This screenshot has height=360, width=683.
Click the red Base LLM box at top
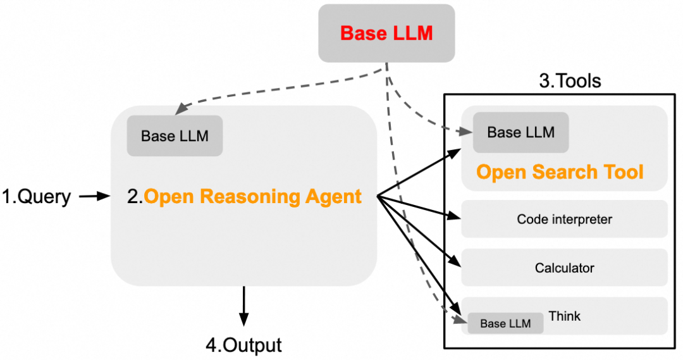[386, 33]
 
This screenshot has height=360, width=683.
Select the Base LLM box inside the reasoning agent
[175, 136]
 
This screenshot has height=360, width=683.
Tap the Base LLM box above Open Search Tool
[520, 132]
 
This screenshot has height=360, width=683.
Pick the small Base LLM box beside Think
[505, 323]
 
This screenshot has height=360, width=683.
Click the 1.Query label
[37, 197]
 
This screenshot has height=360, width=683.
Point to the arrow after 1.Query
[95, 197]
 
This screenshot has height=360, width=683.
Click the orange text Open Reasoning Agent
[253, 197]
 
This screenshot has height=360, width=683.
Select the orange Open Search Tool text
[560, 172]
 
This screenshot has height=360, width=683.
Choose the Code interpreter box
[564, 220]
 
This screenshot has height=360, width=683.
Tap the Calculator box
[564, 268]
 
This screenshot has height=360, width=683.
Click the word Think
[565, 316]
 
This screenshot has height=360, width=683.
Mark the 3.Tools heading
[570, 81]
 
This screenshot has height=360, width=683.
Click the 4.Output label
[243, 345]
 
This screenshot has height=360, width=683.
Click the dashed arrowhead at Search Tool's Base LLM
[468, 132]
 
